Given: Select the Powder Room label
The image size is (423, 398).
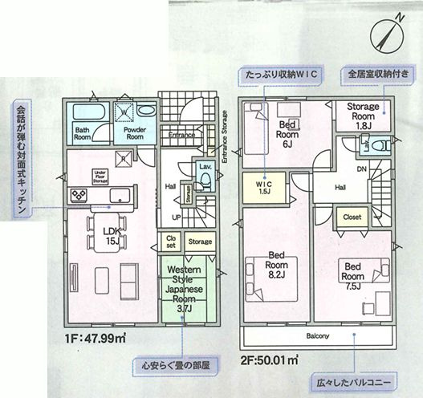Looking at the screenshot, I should (x=133, y=132).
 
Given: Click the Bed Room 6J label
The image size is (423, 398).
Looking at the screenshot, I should (x=290, y=129).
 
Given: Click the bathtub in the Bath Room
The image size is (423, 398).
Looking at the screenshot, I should (x=83, y=112).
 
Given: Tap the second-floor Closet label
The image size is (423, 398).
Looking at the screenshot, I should (x=352, y=217).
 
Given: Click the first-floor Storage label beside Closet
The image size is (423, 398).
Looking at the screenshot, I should (x=201, y=241).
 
